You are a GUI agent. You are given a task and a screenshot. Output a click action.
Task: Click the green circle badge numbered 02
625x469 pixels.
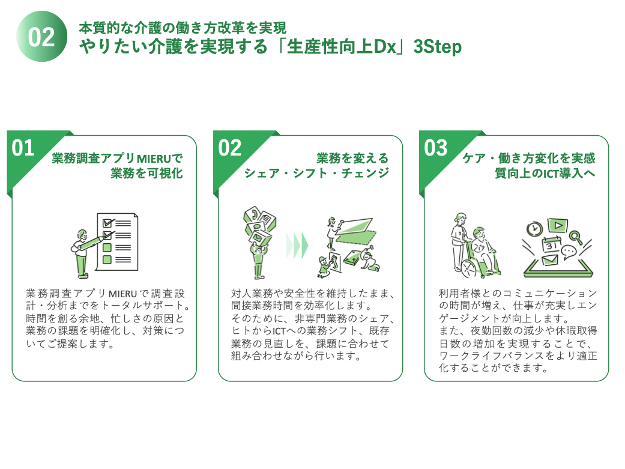41,37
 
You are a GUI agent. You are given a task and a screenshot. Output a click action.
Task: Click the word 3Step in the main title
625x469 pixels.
438,48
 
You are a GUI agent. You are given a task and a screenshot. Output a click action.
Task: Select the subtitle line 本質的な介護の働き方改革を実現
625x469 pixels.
183,28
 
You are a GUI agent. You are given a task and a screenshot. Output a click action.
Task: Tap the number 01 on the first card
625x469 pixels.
23,148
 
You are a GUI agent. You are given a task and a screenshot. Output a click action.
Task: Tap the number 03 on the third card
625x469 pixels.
436,148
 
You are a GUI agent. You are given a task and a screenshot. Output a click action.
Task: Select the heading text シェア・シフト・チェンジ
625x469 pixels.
316,174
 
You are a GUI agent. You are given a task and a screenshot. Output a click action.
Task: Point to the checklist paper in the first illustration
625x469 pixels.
117,240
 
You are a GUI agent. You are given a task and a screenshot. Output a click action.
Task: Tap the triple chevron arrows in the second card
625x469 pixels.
297,244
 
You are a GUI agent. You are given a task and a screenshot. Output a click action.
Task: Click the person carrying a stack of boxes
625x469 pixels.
257,243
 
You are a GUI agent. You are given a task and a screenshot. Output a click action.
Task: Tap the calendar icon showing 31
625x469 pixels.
551,244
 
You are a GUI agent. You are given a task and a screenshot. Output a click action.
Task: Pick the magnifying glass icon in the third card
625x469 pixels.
577,238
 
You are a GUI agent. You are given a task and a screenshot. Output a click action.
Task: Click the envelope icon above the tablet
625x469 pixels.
549,261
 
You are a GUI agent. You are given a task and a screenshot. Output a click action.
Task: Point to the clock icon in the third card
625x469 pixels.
534,228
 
